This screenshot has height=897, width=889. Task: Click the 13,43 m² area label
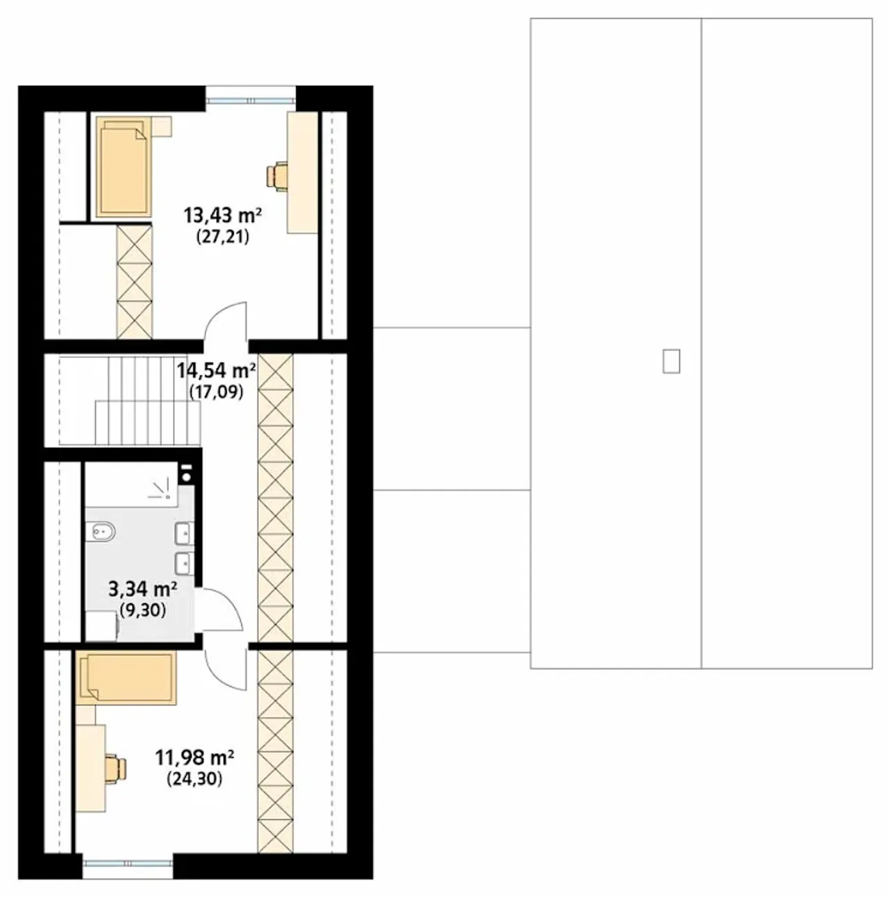[x=223, y=216]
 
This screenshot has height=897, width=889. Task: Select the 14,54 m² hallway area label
[x=216, y=371]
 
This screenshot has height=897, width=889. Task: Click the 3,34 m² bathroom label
[x=142, y=589]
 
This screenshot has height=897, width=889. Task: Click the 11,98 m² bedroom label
[x=194, y=758]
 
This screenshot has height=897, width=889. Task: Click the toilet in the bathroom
[x=104, y=531]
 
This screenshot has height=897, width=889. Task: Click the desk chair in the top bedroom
[x=276, y=176]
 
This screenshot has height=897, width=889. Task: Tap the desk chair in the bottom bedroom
[x=116, y=767]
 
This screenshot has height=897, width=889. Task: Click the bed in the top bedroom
[x=124, y=167]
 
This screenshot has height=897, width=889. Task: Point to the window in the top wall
[x=251, y=100]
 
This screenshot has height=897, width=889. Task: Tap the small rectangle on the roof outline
[x=671, y=361]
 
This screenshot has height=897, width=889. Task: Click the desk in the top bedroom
[x=303, y=172]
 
